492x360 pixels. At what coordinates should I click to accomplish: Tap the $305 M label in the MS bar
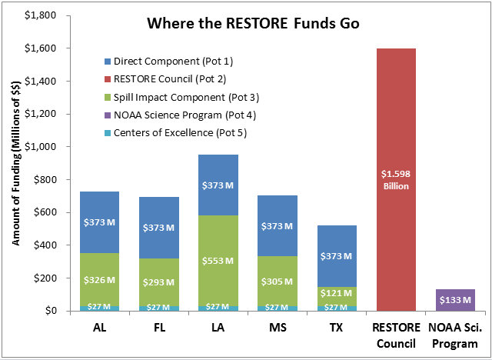tap(266, 281)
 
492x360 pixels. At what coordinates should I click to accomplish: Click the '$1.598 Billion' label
tap(396, 180)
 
